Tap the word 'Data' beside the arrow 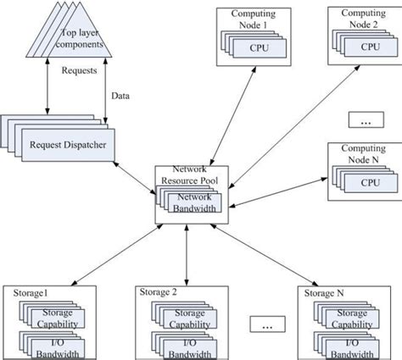pyautogui.click(x=120, y=97)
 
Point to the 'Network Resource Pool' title pyautogui.click(x=188, y=176)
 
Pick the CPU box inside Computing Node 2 pyautogui.click(x=370, y=49)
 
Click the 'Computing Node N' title pyautogui.click(x=364, y=155)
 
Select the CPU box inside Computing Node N pyautogui.click(x=370, y=181)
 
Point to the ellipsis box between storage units pyautogui.click(x=267, y=324)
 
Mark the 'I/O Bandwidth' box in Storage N pyautogui.click(x=349, y=346)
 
